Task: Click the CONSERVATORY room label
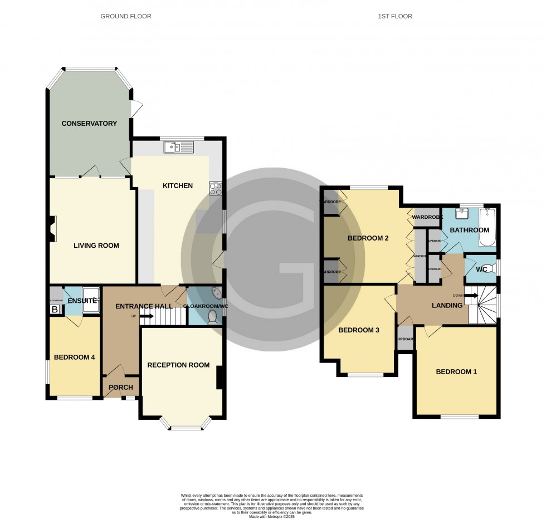(89, 124)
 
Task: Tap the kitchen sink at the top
(178, 148)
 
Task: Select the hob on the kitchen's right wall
(215, 189)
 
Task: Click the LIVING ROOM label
(96, 246)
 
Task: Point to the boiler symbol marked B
(55, 309)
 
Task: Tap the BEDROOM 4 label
(74, 358)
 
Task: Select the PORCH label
(121, 388)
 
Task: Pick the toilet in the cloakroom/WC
(212, 316)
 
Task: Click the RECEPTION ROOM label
(178, 365)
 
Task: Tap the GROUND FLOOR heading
(125, 16)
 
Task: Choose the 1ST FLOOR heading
(394, 16)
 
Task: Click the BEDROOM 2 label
(368, 238)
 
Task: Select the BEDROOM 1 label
(456, 372)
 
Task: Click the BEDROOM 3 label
(359, 330)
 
